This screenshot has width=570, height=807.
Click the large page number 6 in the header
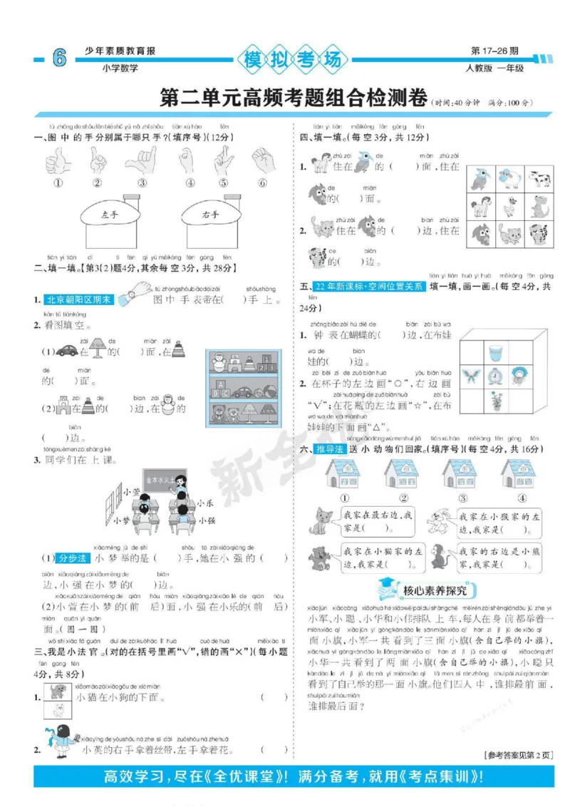click(58, 60)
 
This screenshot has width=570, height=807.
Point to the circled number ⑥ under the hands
click(262, 183)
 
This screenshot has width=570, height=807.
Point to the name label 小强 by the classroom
click(206, 520)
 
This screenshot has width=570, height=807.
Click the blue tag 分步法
click(71, 558)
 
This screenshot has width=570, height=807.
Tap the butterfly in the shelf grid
click(471, 376)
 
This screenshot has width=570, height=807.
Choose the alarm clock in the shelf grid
click(496, 376)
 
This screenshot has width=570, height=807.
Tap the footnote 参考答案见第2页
click(518, 755)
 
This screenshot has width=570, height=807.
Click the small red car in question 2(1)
click(67, 350)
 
